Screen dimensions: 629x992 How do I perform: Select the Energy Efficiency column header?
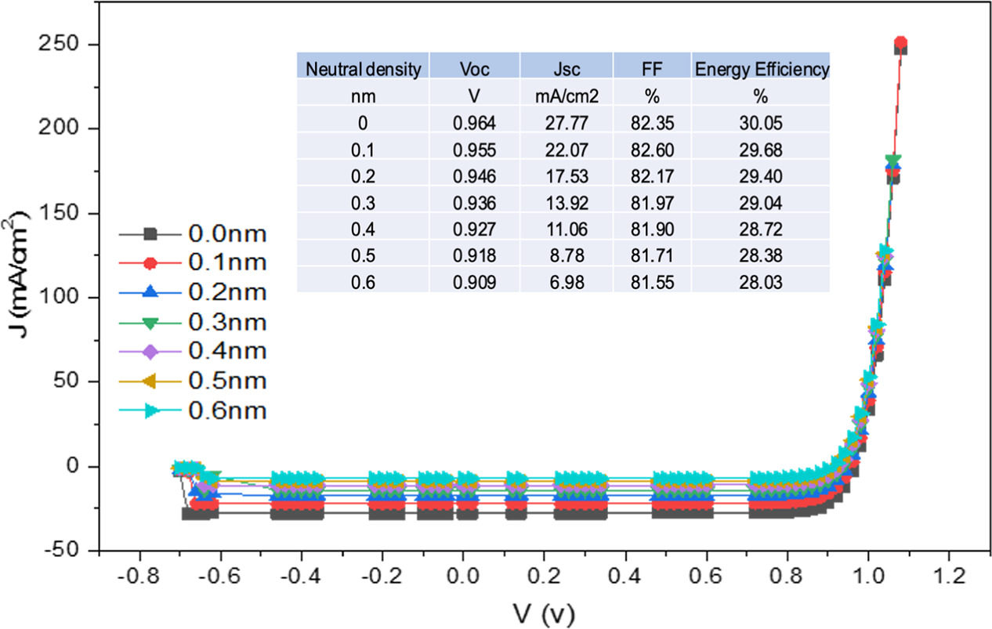760,69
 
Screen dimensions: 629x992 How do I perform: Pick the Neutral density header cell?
363,69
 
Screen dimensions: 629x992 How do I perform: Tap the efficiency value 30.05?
760,124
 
